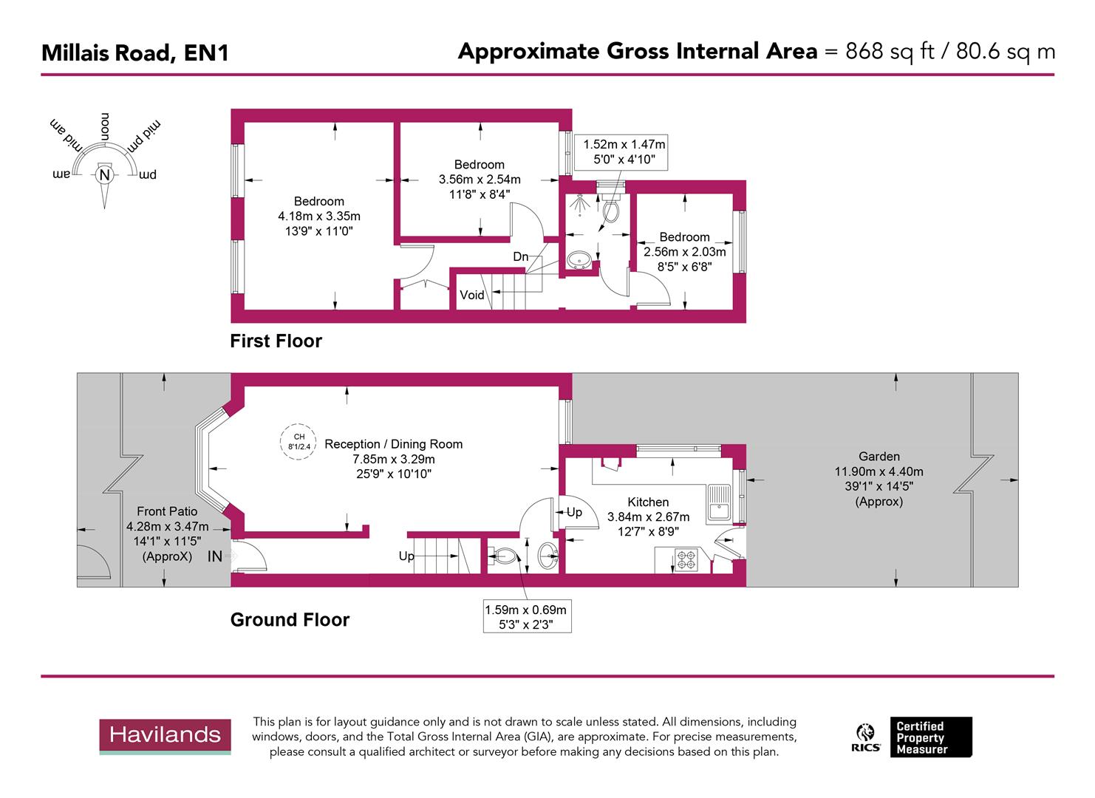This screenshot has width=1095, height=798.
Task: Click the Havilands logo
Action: pos(165,735)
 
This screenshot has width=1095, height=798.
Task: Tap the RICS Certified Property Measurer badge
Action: pos(914,737)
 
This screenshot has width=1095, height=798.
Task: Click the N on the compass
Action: pos(104,175)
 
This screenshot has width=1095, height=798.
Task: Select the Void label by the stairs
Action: pos(471,295)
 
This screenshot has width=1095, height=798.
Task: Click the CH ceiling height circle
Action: pos(299,441)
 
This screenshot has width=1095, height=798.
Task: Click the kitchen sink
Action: pos(717,503)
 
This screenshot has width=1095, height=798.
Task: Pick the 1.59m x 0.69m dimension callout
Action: pos(525,617)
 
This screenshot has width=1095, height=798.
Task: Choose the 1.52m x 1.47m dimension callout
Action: pos(624,151)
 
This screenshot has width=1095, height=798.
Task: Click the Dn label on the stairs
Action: pos(521,256)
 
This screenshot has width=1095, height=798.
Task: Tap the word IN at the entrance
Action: pos(214,557)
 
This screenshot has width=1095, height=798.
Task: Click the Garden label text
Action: pos(879,457)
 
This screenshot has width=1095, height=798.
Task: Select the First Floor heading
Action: pos(276,341)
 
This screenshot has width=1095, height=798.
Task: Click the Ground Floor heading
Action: pos(290,620)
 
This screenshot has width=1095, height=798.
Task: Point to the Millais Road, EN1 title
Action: pos(134,53)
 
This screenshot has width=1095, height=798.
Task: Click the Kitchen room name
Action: pos(648,502)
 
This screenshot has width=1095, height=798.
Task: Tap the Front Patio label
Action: pos(167,511)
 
